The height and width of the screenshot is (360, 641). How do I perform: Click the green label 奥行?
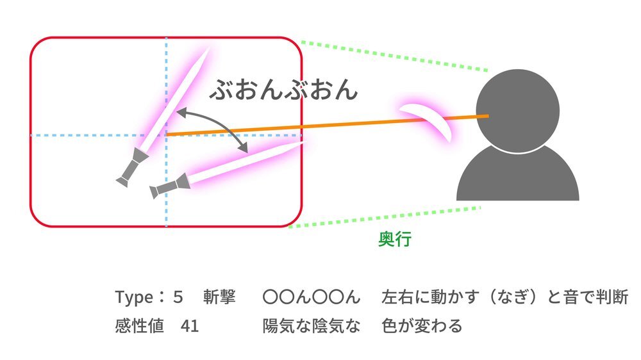pos(394,239)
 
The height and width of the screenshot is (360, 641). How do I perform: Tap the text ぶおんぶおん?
pos(284,90)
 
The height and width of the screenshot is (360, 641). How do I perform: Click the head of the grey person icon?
pos(517,110)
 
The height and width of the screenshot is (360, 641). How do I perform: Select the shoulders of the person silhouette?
pos(517,176)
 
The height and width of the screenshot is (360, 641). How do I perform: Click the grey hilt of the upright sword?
pos(132,168)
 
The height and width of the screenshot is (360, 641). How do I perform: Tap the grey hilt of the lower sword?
pos(170,186)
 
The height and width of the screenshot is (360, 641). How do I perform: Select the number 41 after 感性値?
pos(190,326)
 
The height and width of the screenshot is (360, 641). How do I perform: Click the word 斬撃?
pos(219,297)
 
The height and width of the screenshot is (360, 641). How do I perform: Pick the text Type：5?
pos(149,297)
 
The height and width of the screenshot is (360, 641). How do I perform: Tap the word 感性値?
pos(139,326)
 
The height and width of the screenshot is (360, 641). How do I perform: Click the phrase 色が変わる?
pos(422,326)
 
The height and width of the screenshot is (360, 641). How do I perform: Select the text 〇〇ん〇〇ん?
pos(312,297)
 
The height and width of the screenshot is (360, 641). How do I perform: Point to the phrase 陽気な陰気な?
pos(312,326)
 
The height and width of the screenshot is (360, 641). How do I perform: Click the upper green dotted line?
pos(394,56)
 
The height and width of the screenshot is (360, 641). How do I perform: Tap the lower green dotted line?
pos(385,217)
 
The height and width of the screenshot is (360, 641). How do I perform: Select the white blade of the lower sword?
pos(246,162)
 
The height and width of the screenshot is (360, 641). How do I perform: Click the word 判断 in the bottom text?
pos(612,297)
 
